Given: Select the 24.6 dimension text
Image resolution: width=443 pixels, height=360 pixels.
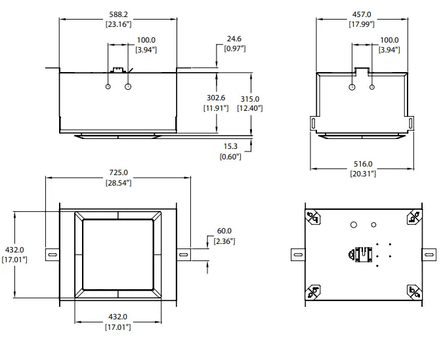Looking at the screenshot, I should pos(234,39).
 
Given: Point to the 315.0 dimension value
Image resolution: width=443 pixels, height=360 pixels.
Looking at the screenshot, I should pos(250,98).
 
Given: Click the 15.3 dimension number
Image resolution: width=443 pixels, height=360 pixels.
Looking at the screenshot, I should pos(230,148).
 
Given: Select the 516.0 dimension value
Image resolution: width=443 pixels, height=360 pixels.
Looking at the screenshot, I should pos(363,164).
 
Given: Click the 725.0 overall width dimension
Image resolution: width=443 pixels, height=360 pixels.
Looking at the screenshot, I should pos(118,172).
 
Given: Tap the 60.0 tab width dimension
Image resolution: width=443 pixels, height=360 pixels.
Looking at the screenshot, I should pos(224,231).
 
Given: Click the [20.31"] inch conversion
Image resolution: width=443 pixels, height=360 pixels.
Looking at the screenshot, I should pos(363,173).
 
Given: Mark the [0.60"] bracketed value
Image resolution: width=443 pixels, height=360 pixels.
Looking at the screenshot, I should pos(230,157).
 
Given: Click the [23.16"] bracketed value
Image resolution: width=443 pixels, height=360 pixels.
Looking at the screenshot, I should pos(118,24).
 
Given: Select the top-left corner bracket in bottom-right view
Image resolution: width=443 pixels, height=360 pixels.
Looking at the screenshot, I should pos(312,218).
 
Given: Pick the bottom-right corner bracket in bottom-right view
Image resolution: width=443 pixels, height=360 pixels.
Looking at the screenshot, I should pos(413,290).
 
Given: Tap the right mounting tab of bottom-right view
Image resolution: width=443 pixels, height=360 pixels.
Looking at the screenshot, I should pos(429,254).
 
